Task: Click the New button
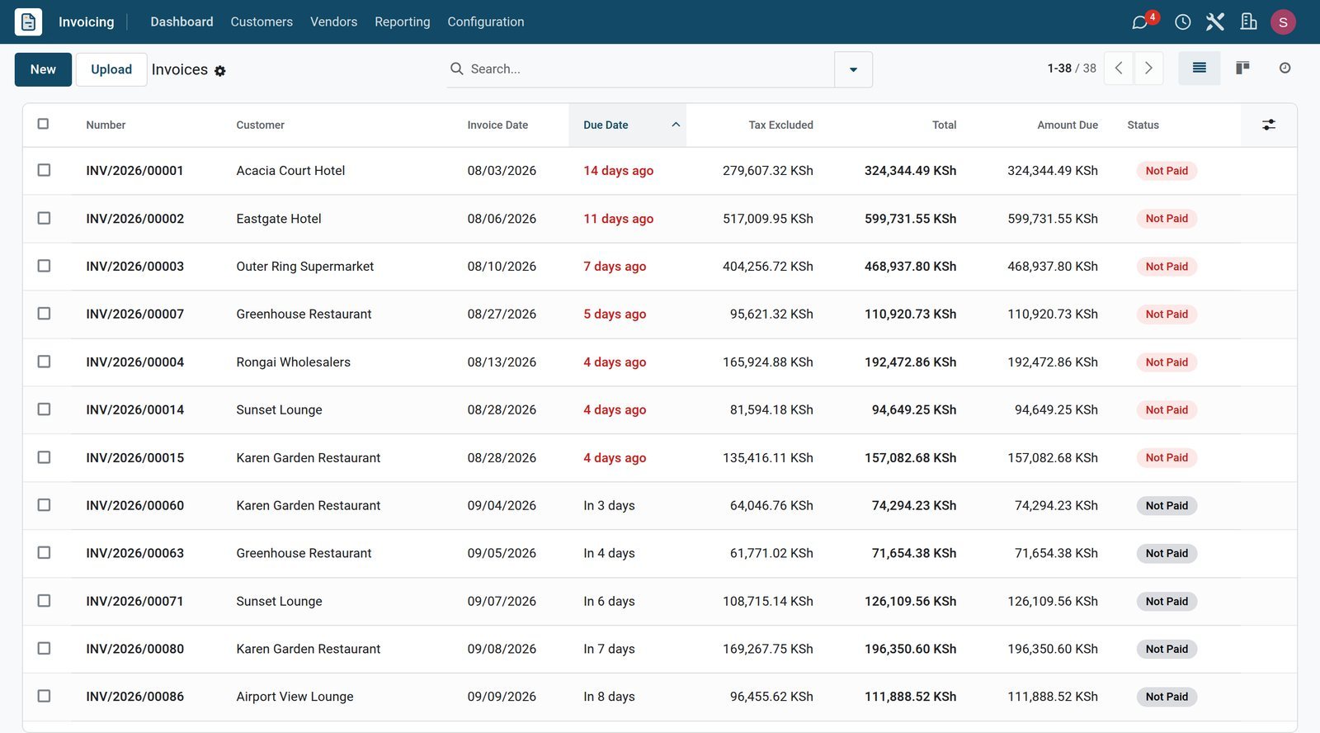[x=43, y=69]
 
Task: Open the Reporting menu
[x=403, y=21]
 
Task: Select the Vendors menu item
[x=333, y=21]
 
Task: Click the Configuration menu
[x=486, y=21]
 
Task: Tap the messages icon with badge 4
[x=1140, y=22]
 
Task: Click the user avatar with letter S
[x=1283, y=21]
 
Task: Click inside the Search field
[x=648, y=69]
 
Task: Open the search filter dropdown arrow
[x=853, y=69]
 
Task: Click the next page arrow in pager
[x=1148, y=69]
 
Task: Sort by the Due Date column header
[x=606, y=125]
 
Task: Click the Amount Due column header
[x=1068, y=125]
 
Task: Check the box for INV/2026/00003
[x=44, y=266]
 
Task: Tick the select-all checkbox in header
[x=43, y=124]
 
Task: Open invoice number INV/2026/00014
[x=135, y=410]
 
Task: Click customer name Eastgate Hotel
[x=279, y=219]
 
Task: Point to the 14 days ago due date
[x=618, y=171]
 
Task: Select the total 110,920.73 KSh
[x=911, y=314]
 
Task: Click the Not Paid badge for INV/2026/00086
[x=1167, y=697]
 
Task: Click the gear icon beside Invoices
[x=219, y=71]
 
